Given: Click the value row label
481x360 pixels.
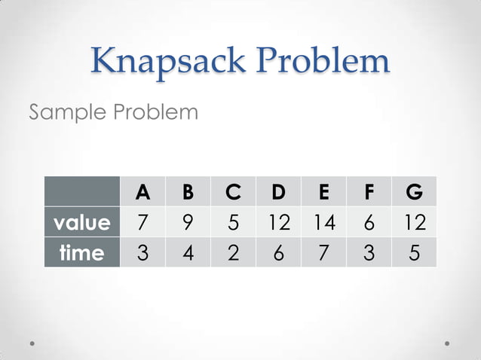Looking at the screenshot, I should [x=82, y=222].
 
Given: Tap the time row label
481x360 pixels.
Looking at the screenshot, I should [x=82, y=252].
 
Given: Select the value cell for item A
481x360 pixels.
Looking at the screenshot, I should [x=142, y=222].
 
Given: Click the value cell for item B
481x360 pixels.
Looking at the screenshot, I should [x=188, y=222].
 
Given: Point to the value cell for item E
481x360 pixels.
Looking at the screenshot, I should [x=323, y=222].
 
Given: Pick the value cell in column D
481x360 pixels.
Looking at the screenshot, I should [x=278, y=222].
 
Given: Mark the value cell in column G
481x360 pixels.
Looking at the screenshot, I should [x=414, y=222].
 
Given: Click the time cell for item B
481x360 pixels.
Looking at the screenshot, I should [x=188, y=252].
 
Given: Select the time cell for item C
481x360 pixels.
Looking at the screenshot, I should [x=233, y=252].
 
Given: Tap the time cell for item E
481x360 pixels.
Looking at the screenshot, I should [x=323, y=252].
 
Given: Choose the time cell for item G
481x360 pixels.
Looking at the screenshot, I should [x=414, y=252].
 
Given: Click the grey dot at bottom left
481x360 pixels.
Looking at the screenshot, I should [x=33, y=343].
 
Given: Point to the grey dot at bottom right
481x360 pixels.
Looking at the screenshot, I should [x=447, y=343].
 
